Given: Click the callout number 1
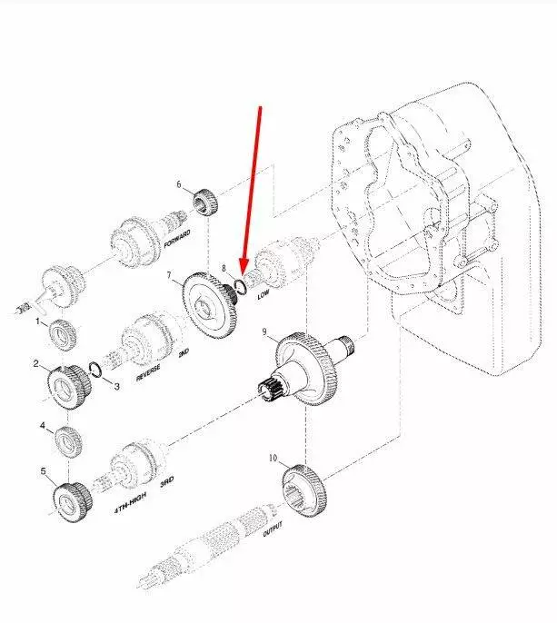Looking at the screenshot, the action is pyautogui.click(x=38, y=321).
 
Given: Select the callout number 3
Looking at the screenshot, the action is pyautogui.click(x=116, y=386).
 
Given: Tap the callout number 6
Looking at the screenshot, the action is pyautogui.click(x=179, y=184).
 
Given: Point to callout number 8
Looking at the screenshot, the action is pyautogui.click(x=224, y=268).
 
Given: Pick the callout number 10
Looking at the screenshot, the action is pyautogui.click(x=274, y=458).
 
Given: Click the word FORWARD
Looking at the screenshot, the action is pyautogui.click(x=177, y=239).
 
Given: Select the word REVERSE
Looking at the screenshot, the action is pyautogui.click(x=148, y=373).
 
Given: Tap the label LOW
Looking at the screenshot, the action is pyautogui.click(x=264, y=295).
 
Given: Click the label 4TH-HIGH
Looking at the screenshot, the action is pyautogui.click(x=131, y=502).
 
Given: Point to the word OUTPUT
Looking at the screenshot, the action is pyautogui.click(x=273, y=529).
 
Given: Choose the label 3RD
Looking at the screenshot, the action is pyautogui.click(x=167, y=482).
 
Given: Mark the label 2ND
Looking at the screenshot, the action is pyautogui.click(x=184, y=352).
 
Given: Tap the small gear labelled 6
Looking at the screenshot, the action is pyautogui.click(x=206, y=203).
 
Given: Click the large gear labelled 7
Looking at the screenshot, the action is pyautogui.click(x=210, y=306).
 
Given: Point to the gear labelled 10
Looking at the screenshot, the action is pyautogui.click(x=305, y=491).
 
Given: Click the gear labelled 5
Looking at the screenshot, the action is pyautogui.click(x=73, y=502).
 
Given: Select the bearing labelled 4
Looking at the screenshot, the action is pyautogui.click(x=67, y=441).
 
